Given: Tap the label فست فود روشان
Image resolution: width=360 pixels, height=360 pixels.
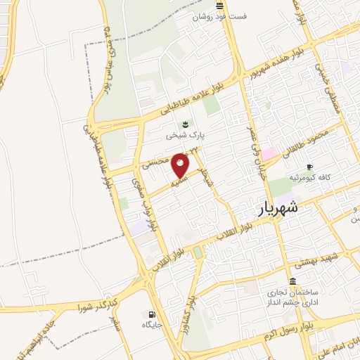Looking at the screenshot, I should coord(220,16).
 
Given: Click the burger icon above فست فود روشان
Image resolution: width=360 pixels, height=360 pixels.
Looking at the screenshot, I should coord(220,6).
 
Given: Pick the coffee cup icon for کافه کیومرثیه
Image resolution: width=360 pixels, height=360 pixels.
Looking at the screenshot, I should coord(310,167).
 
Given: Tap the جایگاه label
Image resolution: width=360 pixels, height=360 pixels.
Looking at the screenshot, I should coord(152,325).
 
